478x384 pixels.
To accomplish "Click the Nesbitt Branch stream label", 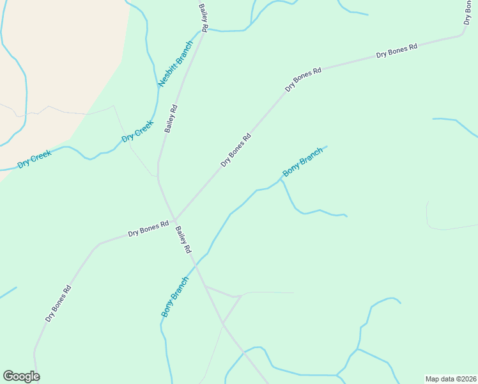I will (x=175, y=64).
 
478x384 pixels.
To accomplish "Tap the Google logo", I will (x=21, y=376).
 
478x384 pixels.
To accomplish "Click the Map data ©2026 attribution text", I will (x=451, y=379).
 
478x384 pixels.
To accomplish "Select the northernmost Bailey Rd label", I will (x=204, y=17).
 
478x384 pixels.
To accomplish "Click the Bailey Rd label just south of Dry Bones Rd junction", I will (x=183, y=240).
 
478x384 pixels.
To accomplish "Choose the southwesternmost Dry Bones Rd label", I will (x=58, y=303).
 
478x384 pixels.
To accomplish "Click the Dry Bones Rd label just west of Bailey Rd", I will (x=148, y=228).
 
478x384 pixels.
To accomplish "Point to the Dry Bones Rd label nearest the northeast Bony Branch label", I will (x=236, y=150).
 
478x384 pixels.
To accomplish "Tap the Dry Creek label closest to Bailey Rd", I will (x=138, y=131).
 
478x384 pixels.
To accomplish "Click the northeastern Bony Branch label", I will (x=303, y=163).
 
